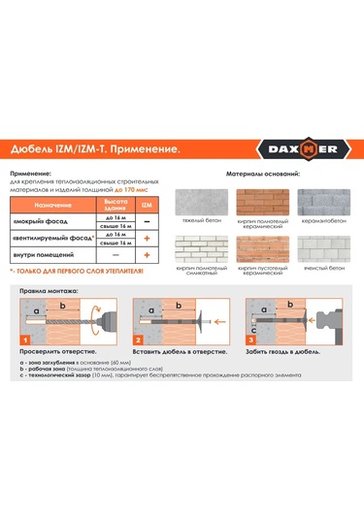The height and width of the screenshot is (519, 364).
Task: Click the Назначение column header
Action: click(57, 207)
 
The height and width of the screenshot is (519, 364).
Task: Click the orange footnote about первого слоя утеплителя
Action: click(80, 271)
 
